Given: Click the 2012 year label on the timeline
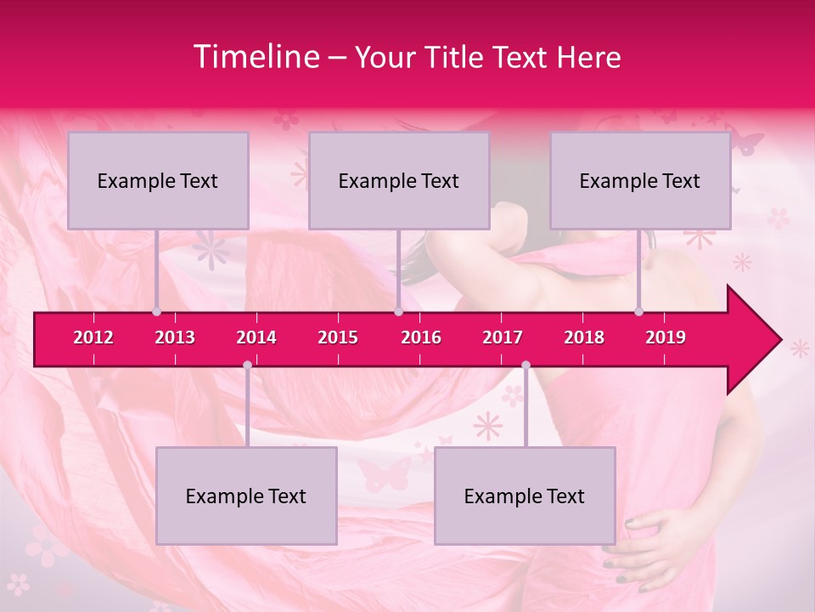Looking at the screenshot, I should click(x=93, y=337).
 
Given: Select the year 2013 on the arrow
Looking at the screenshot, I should click(x=175, y=337).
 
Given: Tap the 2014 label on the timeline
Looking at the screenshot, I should click(x=256, y=337).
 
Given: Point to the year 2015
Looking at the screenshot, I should click(x=338, y=337).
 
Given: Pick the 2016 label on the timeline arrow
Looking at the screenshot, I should click(x=421, y=337).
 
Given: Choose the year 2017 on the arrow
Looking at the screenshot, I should click(x=503, y=337).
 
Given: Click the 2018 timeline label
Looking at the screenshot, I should click(x=584, y=337).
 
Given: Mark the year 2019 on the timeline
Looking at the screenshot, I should click(x=666, y=337).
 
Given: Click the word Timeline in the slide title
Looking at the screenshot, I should click(x=255, y=57).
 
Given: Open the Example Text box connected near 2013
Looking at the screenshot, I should click(x=158, y=180).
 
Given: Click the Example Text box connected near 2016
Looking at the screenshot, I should click(x=399, y=180).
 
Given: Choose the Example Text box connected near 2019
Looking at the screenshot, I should click(x=640, y=180).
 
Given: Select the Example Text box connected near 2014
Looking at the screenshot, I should click(x=246, y=496).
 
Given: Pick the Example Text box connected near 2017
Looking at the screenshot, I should click(x=525, y=496).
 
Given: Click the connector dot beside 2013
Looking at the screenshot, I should click(x=156, y=311).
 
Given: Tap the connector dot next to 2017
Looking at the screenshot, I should click(x=526, y=365).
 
